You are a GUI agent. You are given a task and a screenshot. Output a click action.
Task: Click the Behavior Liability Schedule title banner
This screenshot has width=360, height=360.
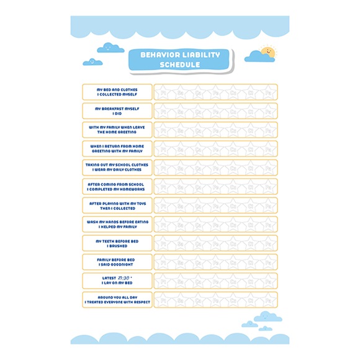[x=180, y=60]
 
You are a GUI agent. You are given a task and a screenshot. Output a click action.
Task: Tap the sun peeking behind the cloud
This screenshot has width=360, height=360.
[x=268, y=49]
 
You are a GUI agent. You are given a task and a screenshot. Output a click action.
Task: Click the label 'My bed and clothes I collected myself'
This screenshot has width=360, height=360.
[x=117, y=92]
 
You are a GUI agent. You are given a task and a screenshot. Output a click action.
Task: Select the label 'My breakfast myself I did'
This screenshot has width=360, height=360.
[x=117, y=111]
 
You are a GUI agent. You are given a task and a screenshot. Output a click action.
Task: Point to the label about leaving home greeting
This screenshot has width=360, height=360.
[x=117, y=130]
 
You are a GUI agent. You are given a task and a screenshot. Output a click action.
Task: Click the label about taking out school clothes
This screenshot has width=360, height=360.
[x=117, y=168]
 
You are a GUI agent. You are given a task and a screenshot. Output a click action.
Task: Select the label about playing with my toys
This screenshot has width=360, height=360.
[x=117, y=205]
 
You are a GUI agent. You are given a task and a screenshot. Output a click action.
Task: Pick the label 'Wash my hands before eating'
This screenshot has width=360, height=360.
[x=117, y=224]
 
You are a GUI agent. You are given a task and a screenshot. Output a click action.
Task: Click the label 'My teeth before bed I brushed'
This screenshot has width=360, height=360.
[x=117, y=243]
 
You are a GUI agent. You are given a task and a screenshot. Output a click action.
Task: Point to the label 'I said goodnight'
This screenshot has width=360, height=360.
[x=117, y=262]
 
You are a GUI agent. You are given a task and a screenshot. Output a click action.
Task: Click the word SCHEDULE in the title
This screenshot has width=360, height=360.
[x=180, y=65]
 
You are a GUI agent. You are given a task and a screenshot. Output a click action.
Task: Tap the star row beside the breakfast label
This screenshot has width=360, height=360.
[x=215, y=111]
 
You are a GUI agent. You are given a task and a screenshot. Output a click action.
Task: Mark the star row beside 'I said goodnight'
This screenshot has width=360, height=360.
[x=215, y=262]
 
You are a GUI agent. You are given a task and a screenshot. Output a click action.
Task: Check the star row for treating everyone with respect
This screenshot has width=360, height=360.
[x=215, y=300]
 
